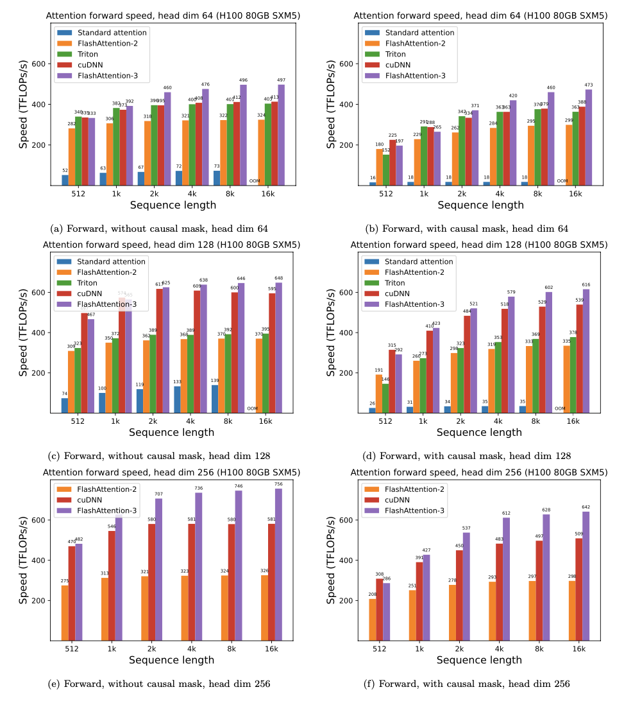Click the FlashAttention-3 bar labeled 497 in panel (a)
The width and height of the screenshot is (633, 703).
pos(281,135)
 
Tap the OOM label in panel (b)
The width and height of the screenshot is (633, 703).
pos(562,181)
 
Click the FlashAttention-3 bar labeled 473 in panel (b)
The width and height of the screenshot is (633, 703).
pos(589,137)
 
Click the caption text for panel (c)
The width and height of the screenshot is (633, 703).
pos(159,456)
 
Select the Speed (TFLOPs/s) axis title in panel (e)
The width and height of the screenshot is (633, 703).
pos(22,560)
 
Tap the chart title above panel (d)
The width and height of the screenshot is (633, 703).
pos(479,245)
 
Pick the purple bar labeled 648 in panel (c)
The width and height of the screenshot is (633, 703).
pos(278,347)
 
